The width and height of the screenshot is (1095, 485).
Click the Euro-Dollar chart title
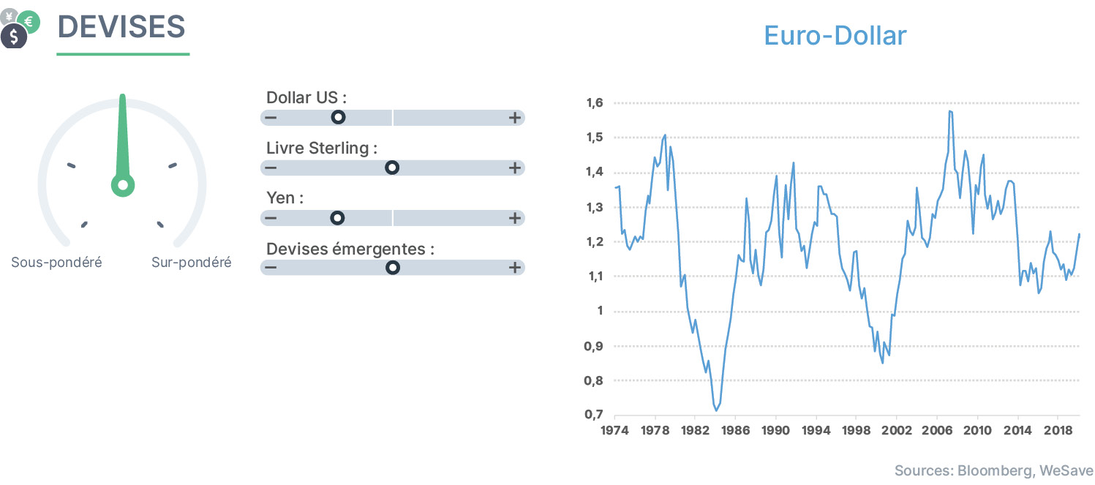(x=835, y=36)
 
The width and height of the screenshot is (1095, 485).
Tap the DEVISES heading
(x=121, y=26)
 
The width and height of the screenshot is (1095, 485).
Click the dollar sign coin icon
(x=14, y=36)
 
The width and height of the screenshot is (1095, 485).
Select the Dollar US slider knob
(x=338, y=117)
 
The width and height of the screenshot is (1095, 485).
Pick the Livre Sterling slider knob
(x=391, y=168)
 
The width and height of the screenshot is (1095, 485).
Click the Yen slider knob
(x=336, y=217)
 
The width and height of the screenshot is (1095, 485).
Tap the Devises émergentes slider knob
(x=392, y=268)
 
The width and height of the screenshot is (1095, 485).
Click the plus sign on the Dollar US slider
(x=514, y=118)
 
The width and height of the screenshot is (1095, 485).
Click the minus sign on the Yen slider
(x=271, y=217)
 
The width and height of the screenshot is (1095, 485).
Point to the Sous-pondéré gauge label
(x=56, y=263)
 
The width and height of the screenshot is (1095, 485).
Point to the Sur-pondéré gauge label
(x=191, y=263)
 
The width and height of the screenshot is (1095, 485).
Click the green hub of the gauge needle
(x=123, y=185)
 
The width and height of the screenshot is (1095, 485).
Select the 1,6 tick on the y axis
(x=595, y=102)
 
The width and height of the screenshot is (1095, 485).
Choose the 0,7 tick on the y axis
(x=594, y=415)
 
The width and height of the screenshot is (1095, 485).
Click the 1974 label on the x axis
(x=614, y=430)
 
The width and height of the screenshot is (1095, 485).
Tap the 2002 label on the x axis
(x=897, y=430)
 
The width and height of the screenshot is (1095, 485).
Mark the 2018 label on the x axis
(x=1058, y=430)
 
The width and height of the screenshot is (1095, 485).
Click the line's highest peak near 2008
(x=950, y=111)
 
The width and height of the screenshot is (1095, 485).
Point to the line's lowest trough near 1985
(x=716, y=410)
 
